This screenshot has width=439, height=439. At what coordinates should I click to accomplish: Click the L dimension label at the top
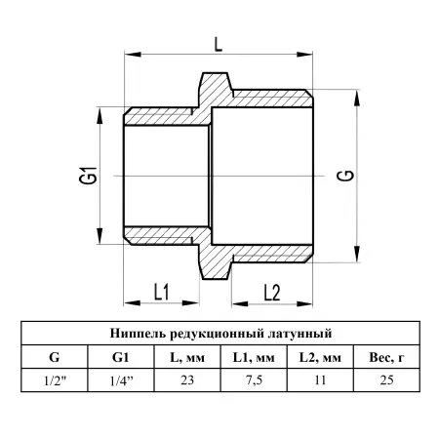tap(219, 44)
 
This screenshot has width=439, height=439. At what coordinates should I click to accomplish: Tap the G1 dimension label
tap(88, 176)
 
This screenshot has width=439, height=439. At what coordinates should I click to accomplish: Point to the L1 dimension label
tap(161, 292)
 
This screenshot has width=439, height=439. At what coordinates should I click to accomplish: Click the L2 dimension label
tap(272, 293)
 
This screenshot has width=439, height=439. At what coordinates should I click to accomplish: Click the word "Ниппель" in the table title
tap(139, 334)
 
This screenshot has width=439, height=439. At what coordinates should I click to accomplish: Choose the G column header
tap(55, 357)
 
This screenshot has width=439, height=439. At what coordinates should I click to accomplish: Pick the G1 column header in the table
tap(121, 357)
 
